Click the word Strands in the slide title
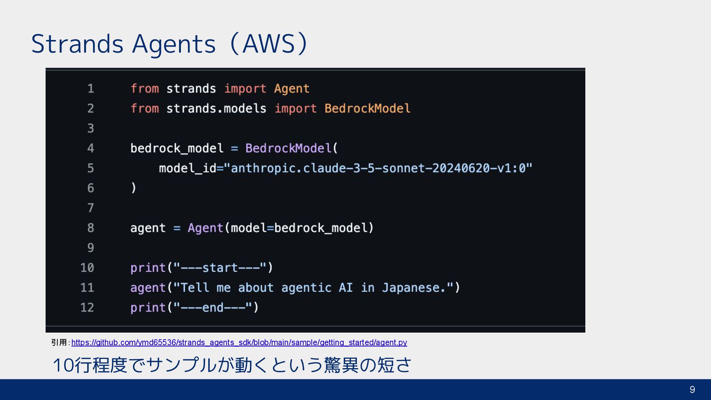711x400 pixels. tap(77, 44)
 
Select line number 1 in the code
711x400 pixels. tap(90, 89)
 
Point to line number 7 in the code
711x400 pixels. tap(90, 208)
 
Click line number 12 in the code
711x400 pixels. tap(87, 307)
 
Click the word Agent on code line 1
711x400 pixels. tap(291, 89)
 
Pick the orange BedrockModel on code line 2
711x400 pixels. tap(367, 109)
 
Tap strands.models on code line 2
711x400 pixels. tap(216, 109)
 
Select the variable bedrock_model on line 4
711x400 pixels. tap(177, 149)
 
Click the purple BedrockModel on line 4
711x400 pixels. tap(288, 149)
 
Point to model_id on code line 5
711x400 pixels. tap(188, 169)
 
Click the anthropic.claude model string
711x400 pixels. tap(381, 169)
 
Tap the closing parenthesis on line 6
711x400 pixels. tap(134, 188)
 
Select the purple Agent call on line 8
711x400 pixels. tap(205, 228)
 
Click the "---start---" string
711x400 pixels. tap(220, 268)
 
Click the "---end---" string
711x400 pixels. tap(213, 307)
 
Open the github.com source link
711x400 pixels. tap(239, 343)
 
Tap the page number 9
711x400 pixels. tap(692, 390)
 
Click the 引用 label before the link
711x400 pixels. tap(59, 343)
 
